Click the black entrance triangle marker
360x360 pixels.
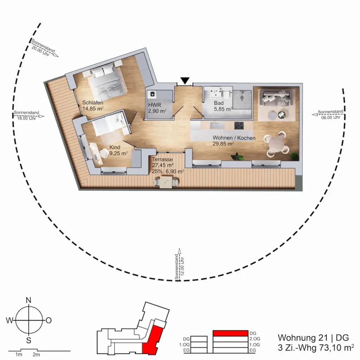[x=185, y=81]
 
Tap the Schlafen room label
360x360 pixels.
[x=93, y=103]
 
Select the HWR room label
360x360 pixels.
[x=155, y=105]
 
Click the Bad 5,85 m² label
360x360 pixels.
[x=223, y=106]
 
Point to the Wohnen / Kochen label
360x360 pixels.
[x=234, y=138]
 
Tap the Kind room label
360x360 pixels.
[x=115, y=147]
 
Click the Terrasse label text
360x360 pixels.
[x=162, y=159]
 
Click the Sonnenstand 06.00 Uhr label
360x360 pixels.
[x=330, y=114]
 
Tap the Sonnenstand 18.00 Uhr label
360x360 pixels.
[x=26, y=115]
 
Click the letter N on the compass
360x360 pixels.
[x=28, y=300]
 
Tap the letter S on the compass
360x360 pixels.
[x=29, y=340]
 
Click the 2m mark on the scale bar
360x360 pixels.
[x=36, y=355]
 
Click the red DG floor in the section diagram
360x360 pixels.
[x=231, y=333]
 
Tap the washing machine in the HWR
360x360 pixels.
[x=152, y=94]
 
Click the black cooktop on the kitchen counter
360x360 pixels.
[x=239, y=126]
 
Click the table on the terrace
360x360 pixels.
[x=166, y=182]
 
